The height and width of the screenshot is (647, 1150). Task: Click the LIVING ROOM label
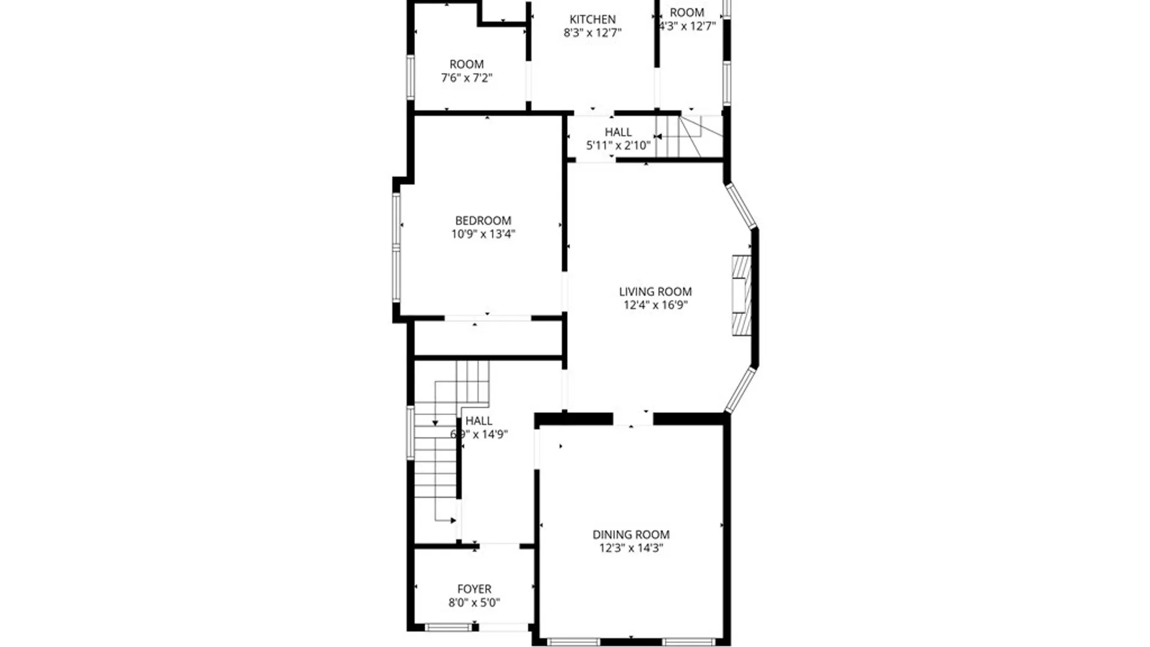pyautogui.click(x=655, y=292)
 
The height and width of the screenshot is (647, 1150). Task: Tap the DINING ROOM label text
pyautogui.click(x=631, y=534)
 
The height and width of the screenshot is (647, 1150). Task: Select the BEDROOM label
pyautogui.click(x=483, y=220)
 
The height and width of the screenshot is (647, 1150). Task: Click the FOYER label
pyautogui.click(x=474, y=589)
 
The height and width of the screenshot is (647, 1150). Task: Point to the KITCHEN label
pyautogui.click(x=592, y=19)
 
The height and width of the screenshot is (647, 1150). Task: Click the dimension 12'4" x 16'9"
pyautogui.click(x=655, y=306)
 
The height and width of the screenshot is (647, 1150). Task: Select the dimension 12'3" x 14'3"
pyautogui.click(x=631, y=548)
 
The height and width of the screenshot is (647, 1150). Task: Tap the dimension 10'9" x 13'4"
pyautogui.click(x=483, y=234)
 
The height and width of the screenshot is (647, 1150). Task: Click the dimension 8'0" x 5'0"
pyautogui.click(x=474, y=603)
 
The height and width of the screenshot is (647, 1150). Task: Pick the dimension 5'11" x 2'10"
pyautogui.click(x=618, y=146)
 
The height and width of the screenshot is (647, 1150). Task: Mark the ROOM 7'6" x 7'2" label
pyautogui.click(x=467, y=64)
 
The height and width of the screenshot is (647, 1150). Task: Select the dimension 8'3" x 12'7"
pyautogui.click(x=592, y=33)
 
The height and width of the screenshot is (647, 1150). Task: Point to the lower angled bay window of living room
pyautogui.click(x=741, y=390)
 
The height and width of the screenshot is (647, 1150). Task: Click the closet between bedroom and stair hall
pyautogui.click(x=488, y=338)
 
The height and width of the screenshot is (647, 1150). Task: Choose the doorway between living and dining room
pyautogui.click(x=632, y=418)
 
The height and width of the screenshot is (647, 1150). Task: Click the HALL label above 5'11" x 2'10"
pyautogui.click(x=618, y=132)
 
